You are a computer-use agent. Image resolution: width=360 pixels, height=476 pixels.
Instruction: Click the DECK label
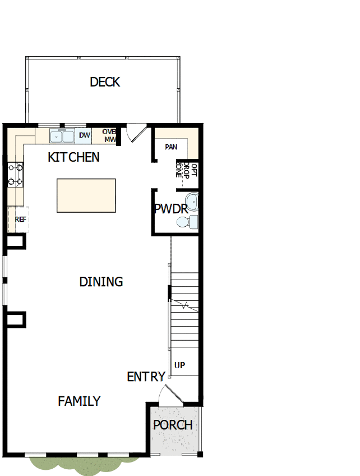click(105, 82)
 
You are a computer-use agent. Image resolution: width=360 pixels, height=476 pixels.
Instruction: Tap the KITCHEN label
click(73, 157)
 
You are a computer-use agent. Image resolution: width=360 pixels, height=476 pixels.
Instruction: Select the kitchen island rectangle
click(86, 195)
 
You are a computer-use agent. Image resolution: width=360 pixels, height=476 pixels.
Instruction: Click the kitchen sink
click(62, 136)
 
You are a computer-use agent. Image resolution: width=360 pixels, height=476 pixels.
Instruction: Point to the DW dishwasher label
click(84, 135)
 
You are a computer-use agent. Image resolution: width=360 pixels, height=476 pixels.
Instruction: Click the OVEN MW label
click(109, 135)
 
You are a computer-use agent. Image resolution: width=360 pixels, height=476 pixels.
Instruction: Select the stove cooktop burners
click(15, 174)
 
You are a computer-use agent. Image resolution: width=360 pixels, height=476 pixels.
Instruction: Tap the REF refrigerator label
click(21, 219)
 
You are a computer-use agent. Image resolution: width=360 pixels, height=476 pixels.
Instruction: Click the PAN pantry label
click(171, 147)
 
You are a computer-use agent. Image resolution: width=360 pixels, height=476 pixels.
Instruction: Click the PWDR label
click(170, 209)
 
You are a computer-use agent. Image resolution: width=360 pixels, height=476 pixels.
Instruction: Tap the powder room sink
click(192, 200)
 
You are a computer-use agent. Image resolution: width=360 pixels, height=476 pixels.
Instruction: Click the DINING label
click(101, 282)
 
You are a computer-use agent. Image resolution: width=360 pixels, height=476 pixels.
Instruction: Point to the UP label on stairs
click(179, 365)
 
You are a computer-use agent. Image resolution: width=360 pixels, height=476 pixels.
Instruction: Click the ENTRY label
click(146, 377)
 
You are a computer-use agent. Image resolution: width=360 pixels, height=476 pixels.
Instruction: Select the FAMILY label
click(79, 401)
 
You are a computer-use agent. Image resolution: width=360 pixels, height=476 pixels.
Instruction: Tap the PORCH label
click(173, 425)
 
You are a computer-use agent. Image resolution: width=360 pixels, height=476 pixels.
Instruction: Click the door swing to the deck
click(135, 132)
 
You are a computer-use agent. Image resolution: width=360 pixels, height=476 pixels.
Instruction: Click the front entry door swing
click(170, 395)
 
